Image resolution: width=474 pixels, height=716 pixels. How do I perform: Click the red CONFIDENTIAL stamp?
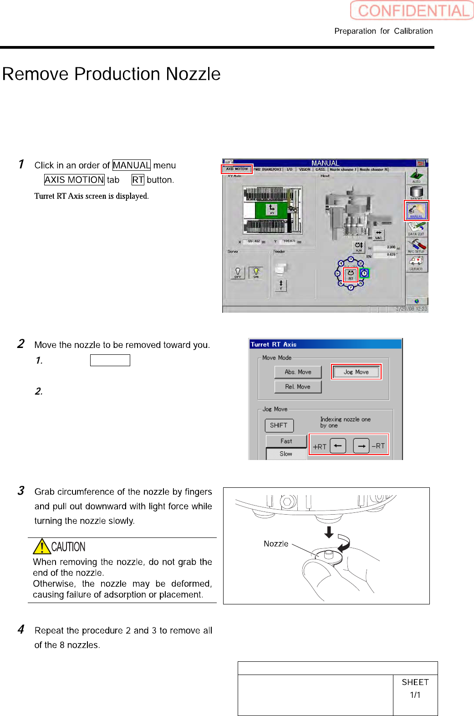tap(412, 10)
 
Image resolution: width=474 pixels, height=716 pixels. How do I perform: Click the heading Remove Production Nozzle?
tap(112, 74)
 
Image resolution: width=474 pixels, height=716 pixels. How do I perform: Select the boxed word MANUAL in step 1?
tap(131, 165)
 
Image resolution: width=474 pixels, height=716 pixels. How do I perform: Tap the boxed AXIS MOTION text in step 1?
tap(74, 180)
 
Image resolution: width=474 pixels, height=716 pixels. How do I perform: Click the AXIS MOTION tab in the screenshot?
tap(237, 169)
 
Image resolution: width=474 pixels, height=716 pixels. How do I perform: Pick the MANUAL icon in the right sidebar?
tap(416, 210)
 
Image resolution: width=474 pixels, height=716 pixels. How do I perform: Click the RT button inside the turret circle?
tap(351, 275)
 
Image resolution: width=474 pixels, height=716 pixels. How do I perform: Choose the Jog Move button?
tap(356, 372)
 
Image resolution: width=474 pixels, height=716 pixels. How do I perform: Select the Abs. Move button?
tap(298, 372)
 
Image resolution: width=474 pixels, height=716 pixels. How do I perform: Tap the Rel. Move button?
tap(298, 387)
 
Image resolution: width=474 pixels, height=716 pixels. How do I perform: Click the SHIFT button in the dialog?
tap(279, 425)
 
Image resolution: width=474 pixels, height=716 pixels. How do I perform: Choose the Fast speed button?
tap(286, 441)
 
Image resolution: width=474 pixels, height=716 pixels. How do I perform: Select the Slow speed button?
tap(286, 454)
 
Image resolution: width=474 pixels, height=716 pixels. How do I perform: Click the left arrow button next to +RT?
tap(338, 446)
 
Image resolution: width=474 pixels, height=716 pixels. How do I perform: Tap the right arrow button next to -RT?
tap(361, 446)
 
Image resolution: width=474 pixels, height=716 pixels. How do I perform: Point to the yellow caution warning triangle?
tap(42, 547)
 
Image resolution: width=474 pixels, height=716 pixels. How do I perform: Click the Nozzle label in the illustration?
tap(276, 544)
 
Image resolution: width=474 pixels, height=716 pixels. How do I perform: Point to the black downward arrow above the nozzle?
tap(329, 532)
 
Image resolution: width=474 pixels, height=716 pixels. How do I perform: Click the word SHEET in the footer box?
tap(415, 682)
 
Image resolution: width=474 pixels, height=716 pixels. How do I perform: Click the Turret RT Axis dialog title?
tap(274, 344)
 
